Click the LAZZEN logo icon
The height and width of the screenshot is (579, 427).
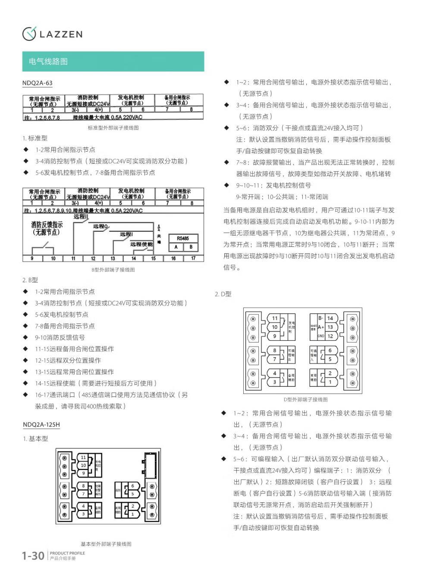click(x=29, y=34)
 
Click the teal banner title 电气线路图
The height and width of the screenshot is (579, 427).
click(x=48, y=62)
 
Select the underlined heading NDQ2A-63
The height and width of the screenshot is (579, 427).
click(x=38, y=83)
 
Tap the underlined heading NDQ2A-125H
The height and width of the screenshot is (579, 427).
click(x=41, y=425)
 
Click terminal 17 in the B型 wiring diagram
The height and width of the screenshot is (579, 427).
click(x=193, y=258)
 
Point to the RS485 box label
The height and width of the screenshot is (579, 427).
click(x=183, y=238)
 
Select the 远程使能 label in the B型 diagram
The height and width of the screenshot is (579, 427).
click(x=141, y=244)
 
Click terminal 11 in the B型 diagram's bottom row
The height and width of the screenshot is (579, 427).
click(x=73, y=258)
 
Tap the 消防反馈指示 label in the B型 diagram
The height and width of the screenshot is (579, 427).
click(x=47, y=228)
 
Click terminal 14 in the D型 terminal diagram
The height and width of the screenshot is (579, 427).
click(x=330, y=318)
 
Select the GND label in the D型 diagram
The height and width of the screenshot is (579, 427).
click(x=321, y=336)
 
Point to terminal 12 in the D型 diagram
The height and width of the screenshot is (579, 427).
click(x=330, y=336)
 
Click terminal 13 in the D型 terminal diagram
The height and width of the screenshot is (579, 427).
click(x=330, y=327)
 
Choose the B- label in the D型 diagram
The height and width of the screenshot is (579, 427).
click(x=321, y=318)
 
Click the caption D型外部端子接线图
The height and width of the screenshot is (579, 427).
click(x=305, y=399)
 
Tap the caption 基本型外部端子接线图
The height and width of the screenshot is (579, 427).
click(x=106, y=544)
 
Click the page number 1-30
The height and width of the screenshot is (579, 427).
click(x=33, y=556)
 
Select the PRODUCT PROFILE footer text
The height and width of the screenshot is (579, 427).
click(x=67, y=553)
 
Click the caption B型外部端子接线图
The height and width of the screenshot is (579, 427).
click(x=113, y=270)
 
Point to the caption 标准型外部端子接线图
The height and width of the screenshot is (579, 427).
click(x=113, y=128)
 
